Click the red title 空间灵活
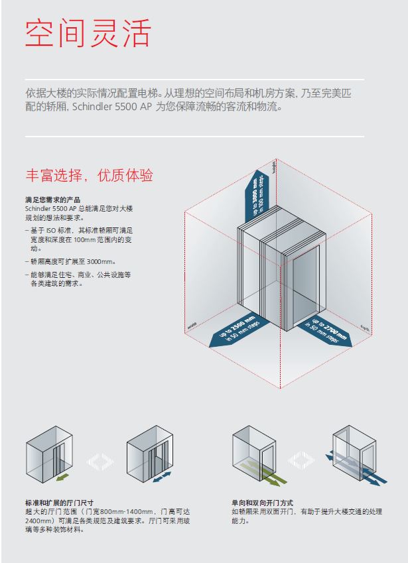tap(88, 33)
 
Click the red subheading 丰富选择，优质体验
tap(89, 176)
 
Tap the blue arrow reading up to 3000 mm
tap(260, 192)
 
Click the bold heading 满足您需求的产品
tap(52, 200)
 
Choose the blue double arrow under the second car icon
tap(161, 476)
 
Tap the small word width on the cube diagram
tap(192, 326)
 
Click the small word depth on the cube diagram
tap(364, 326)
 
